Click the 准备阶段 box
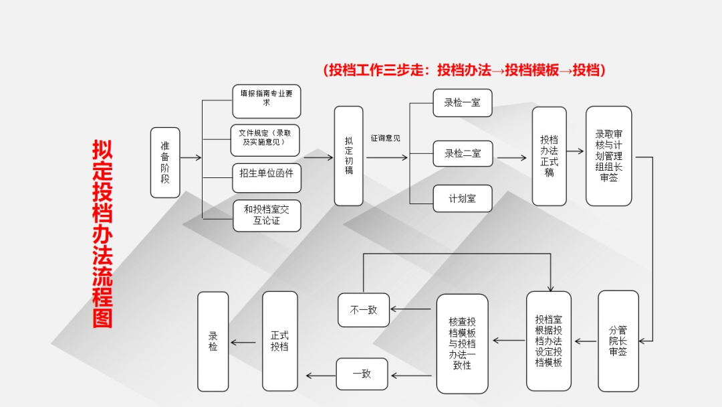[x=165, y=163]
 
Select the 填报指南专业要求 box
[x=267, y=101]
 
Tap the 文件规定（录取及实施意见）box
[x=265, y=140]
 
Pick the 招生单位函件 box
[x=267, y=177]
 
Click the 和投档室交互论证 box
[x=267, y=216]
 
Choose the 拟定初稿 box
[x=348, y=156]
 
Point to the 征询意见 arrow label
[x=386, y=138]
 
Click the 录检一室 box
[x=463, y=103]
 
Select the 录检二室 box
[x=463, y=153]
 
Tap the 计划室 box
[x=463, y=199]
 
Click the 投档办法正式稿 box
[x=549, y=156]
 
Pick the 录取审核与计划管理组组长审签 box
[x=609, y=156]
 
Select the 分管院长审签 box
[x=618, y=341]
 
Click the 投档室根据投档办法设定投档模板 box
[x=548, y=341]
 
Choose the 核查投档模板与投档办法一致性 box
[x=463, y=344]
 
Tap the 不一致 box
[x=364, y=310]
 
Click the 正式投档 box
[x=280, y=341]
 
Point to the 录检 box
[x=213, y=341]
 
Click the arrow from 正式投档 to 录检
[x=243, y=343]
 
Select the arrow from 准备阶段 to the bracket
[x=191, y=157]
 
